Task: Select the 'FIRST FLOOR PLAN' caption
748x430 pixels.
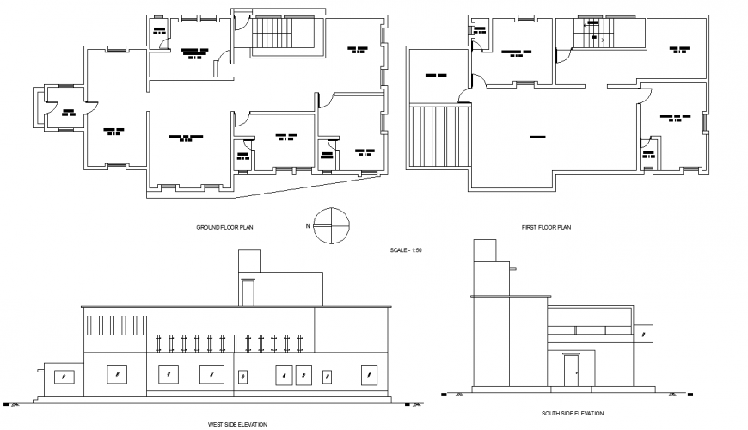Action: (547, 228)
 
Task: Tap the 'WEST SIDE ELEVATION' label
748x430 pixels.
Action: (238, 424)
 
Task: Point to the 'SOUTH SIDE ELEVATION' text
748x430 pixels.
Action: (572, 414)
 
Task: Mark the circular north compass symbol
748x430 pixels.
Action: (331, 226)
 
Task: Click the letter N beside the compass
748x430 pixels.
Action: (308, 226)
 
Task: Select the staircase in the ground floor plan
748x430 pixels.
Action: (274, 37)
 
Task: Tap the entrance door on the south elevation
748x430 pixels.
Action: (571, 372)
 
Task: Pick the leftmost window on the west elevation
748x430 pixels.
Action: (64, 376)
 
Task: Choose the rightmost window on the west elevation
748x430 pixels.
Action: (370, 376)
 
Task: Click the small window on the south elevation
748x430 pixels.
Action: (512, 271)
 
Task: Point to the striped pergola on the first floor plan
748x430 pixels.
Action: (439, 136)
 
